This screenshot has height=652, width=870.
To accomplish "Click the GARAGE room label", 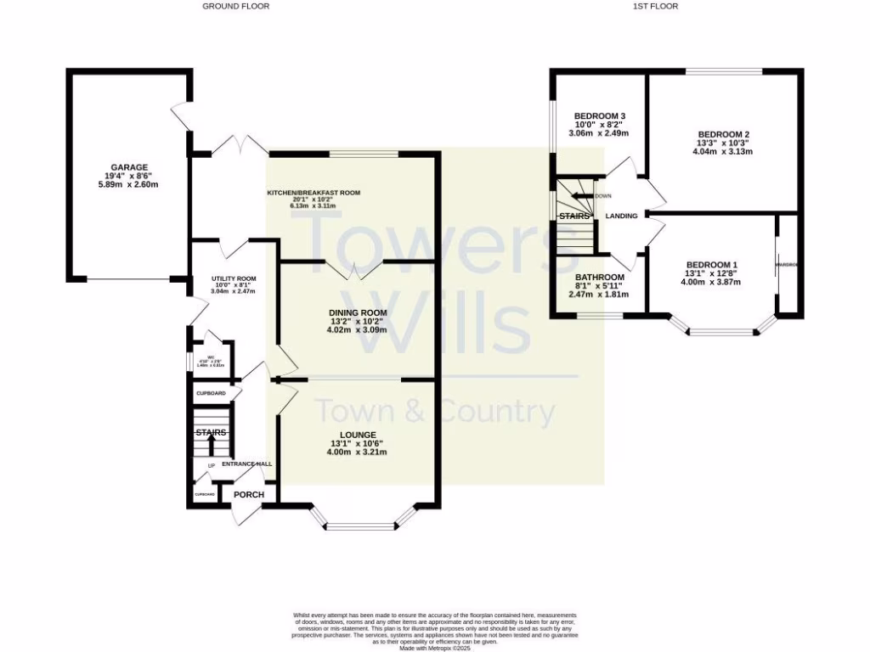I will coord(128,167).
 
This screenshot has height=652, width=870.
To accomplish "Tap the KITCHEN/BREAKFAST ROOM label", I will coord(314,193).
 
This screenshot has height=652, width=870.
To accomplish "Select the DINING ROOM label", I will coord(358,312).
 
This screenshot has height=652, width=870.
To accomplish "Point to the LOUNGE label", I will coord(357,435).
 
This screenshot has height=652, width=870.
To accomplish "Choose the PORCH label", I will coord(248,495).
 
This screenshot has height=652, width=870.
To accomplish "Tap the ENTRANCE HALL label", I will coord(247,464).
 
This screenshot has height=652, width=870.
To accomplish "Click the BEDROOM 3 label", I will coord(600,116).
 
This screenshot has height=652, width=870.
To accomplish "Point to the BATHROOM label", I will coord(600,278).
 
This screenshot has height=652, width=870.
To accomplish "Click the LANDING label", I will coord(621,216).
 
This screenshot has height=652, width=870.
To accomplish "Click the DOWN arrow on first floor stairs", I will coord(581,196).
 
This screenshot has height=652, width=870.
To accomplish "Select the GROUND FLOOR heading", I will coord(235,6).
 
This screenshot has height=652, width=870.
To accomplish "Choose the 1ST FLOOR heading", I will coord(655,6).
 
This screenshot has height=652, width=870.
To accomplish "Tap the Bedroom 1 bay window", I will coord(722,331).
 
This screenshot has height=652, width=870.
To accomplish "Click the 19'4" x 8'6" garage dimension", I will coord(128,176).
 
